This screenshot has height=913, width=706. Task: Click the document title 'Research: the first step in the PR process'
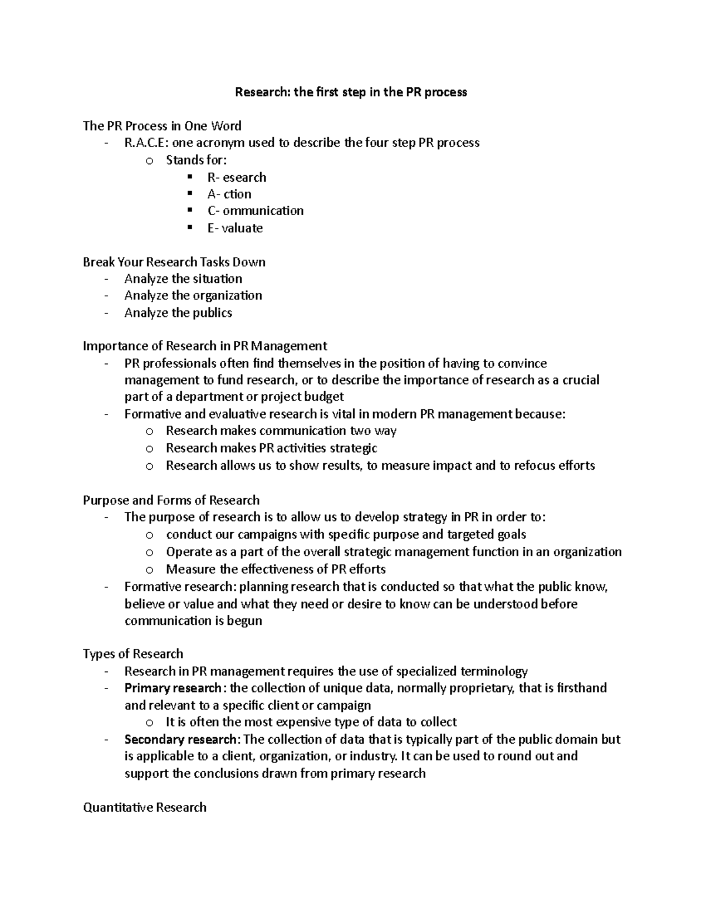(x=351, y=92)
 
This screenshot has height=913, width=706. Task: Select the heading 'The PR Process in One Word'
(x=162, y=126)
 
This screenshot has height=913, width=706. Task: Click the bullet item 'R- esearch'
(x=237, y=178)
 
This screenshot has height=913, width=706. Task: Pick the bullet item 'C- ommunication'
(x=255, y=211)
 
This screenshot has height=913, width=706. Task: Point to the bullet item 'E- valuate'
(x=235, y=228)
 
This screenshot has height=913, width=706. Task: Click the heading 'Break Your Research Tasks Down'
(x=174, y=262)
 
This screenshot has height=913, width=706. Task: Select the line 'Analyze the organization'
(x=193, y=296)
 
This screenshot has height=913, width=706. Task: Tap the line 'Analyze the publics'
(x=178, y=313)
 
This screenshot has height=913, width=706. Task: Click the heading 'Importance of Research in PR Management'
(x=205, y=346)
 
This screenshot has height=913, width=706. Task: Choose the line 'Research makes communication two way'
(x=281, y=431)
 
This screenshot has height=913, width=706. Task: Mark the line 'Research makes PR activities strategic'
(x=271, y=448)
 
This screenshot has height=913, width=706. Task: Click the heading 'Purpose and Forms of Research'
(x=171, y=500)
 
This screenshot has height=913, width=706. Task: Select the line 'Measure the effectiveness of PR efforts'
(x=275, y=569)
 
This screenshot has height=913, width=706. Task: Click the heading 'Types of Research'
(x=133, y=654)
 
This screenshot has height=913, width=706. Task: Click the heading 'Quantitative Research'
(x=145, y=808)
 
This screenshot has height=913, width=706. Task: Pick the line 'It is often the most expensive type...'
(x=311, y=723)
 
